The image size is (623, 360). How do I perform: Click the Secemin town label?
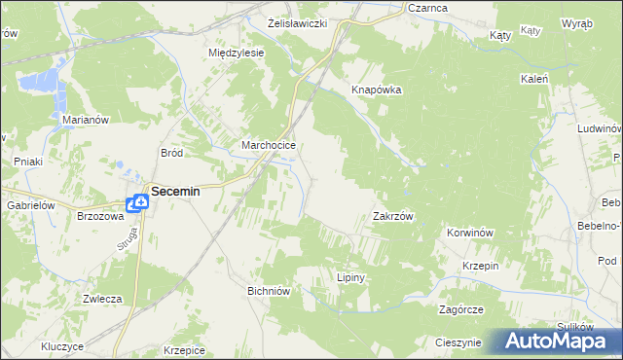pos(174,192)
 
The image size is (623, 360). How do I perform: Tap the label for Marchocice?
pos(269,147)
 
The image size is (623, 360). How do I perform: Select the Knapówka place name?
pos(377,90)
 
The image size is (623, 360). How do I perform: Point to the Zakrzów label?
pos(394,217)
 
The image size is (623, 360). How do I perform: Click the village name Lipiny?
pos(349,277)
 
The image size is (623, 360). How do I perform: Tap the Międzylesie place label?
pos(237,54)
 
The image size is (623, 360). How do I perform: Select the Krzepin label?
pos(481,266)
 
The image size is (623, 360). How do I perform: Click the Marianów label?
pos(84,120)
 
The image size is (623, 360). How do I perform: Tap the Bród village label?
pos(171,153)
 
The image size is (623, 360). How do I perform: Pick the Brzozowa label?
pos(99,217)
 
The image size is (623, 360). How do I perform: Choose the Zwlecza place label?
pos(101,299)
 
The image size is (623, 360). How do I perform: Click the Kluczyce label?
pos(62,346)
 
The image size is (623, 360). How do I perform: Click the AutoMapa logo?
pos(554,342)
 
